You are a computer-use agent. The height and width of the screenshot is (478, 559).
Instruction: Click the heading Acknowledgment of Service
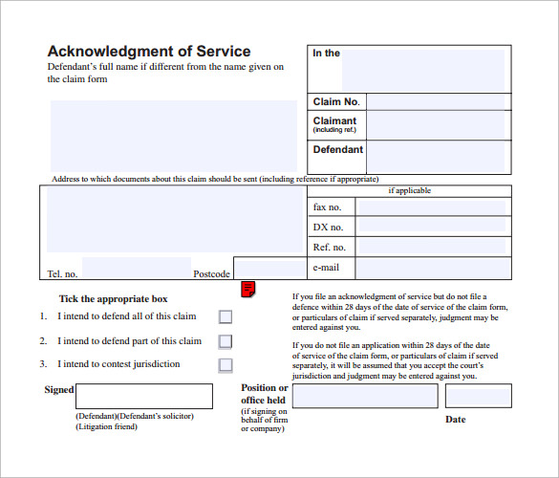(x=149, y=52)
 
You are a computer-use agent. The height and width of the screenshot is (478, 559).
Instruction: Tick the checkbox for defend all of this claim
(x=226, y=317)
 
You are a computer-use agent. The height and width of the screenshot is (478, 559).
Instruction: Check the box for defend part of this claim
(x=226, y=341)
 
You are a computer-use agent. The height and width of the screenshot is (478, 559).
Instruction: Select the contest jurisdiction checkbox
(x=226, y=364)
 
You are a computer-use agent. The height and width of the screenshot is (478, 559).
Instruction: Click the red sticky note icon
(x=247, y=288)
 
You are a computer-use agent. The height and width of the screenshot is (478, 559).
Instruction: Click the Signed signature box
(x=144, y=396)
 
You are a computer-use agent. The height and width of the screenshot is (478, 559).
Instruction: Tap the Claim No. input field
(x=437, y=102)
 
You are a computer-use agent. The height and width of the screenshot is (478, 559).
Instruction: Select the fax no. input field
(x=432, y=207)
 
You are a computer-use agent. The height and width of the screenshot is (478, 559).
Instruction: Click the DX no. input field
(x=432, y=228)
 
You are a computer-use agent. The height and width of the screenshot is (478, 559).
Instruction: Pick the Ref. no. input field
(x=432, y=248)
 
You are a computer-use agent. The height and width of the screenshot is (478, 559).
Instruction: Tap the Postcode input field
(x=270, y=269)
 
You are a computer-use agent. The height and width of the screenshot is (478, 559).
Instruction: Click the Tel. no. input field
(x=136, y=269)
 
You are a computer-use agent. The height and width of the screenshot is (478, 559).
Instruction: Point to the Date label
(x=456, y=419)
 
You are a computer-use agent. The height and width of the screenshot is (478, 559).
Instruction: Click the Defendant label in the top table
(x=338, y=150)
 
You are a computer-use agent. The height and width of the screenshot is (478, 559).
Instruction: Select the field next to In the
(x=423, y=69)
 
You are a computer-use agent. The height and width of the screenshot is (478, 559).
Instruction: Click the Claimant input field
(x=437, y=125)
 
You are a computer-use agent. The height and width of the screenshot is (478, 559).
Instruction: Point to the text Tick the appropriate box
(x=113, y=299)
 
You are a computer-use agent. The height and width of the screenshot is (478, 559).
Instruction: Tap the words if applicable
(x=409, y=190)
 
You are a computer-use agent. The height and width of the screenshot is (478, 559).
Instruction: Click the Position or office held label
(x=263, y=394)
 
